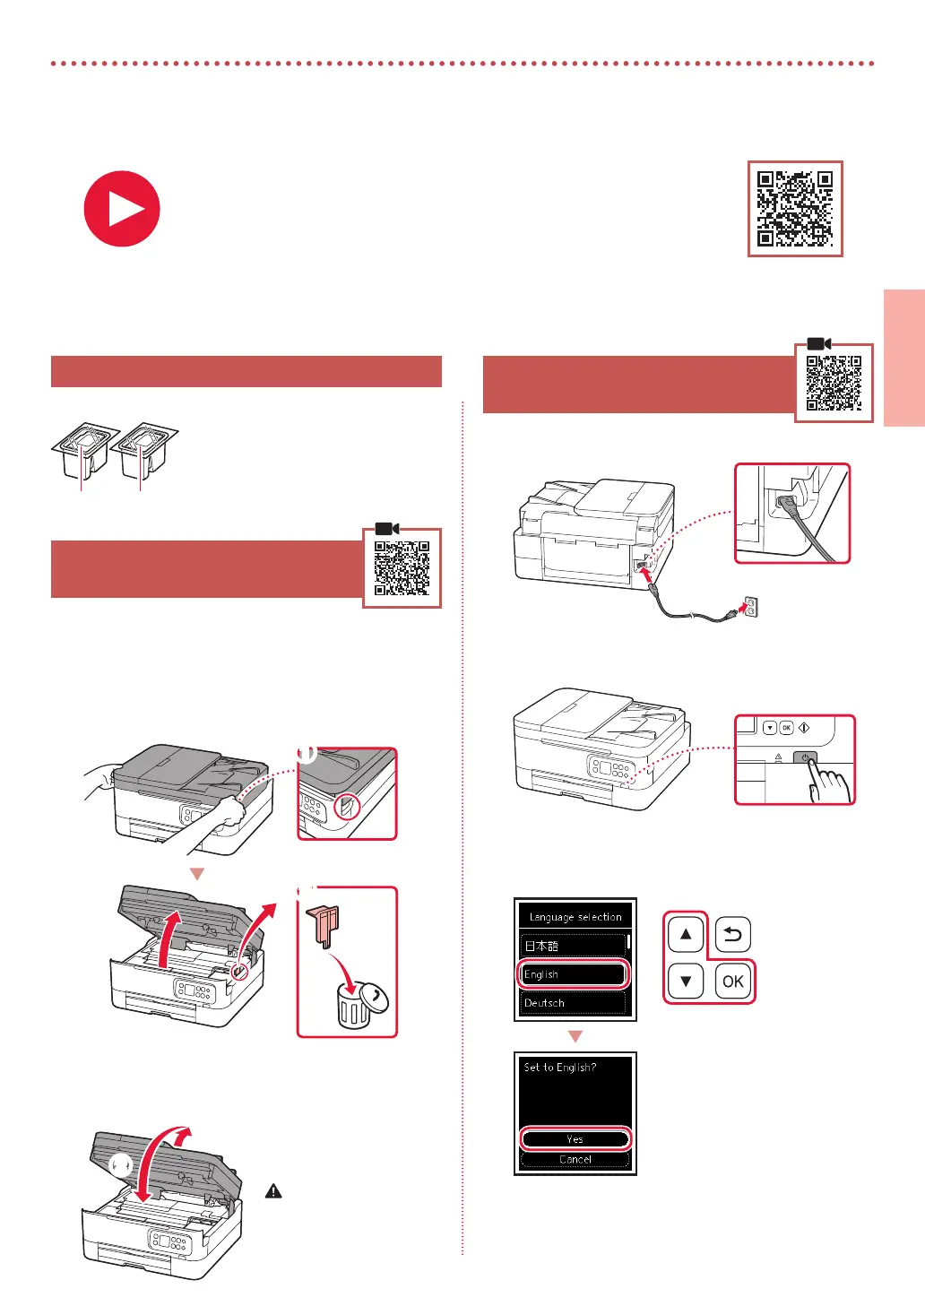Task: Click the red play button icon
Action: pyautogui.click(x=122, y=209)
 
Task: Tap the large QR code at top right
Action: pyautogui.click(x=795, y=209)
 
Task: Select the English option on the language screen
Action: pyautogui.click(x=574, y=974)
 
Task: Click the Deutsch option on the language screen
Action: pyautogui.click(x=574, y=1003)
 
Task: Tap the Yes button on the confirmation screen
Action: pyautogui.click(x=575, y=1139)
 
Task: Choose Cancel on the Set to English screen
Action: pyautogui.click(x=575, y=1159)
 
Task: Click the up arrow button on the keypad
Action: pyautogui.click(x=686, y=934)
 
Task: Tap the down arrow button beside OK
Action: pyautogui.click(x=686, y=981)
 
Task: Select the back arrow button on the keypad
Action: pyautogui.click(x=733, y=935)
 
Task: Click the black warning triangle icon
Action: pyautogui.click(x=273, y=1191)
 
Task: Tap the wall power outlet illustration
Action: pyautogui.click(x=750, y=607)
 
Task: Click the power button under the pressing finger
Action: pyautogui.click(x=805, y=758)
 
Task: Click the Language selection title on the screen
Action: pyautogui.click(x=575, y=917)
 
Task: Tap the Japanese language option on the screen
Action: pyautogui.click(x=574, y=946)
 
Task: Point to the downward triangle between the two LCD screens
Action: pyautogui.click(x=575, y=1036)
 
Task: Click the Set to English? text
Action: pyautogui.click(x=560, y=1068)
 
